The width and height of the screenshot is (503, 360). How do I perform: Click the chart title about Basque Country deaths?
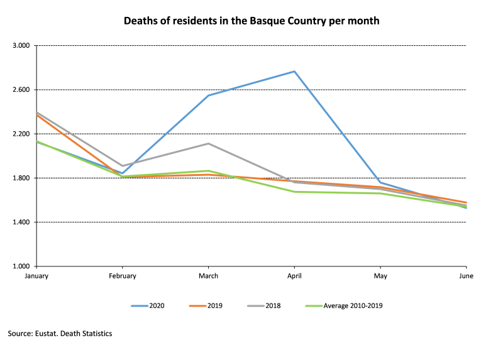pos(251,21)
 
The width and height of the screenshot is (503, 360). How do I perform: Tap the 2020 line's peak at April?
pos(294,72)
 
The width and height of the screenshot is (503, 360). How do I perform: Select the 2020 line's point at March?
pos(208,95)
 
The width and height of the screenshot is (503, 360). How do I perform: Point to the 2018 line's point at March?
pos(208,144)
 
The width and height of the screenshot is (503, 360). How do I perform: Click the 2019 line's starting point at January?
pos(36,115)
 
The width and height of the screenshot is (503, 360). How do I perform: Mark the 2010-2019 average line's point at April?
pos(294,192)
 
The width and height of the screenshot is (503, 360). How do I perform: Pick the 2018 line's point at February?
pos(123,166)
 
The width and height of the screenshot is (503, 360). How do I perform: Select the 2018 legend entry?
pos(263,306)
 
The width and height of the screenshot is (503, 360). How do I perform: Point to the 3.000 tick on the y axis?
pos(21,46)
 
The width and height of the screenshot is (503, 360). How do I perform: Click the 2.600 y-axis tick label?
pos(21,90)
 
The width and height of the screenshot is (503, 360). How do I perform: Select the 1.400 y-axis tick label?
pos(21,222)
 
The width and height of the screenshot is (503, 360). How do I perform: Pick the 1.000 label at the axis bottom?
pos(21,266)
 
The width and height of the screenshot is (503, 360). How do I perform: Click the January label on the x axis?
pos(36,276)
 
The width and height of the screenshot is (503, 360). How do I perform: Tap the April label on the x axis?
pos(294,276)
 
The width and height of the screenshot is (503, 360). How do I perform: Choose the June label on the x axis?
pos(466,276)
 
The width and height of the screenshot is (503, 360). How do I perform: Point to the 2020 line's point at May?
pos(380,183)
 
